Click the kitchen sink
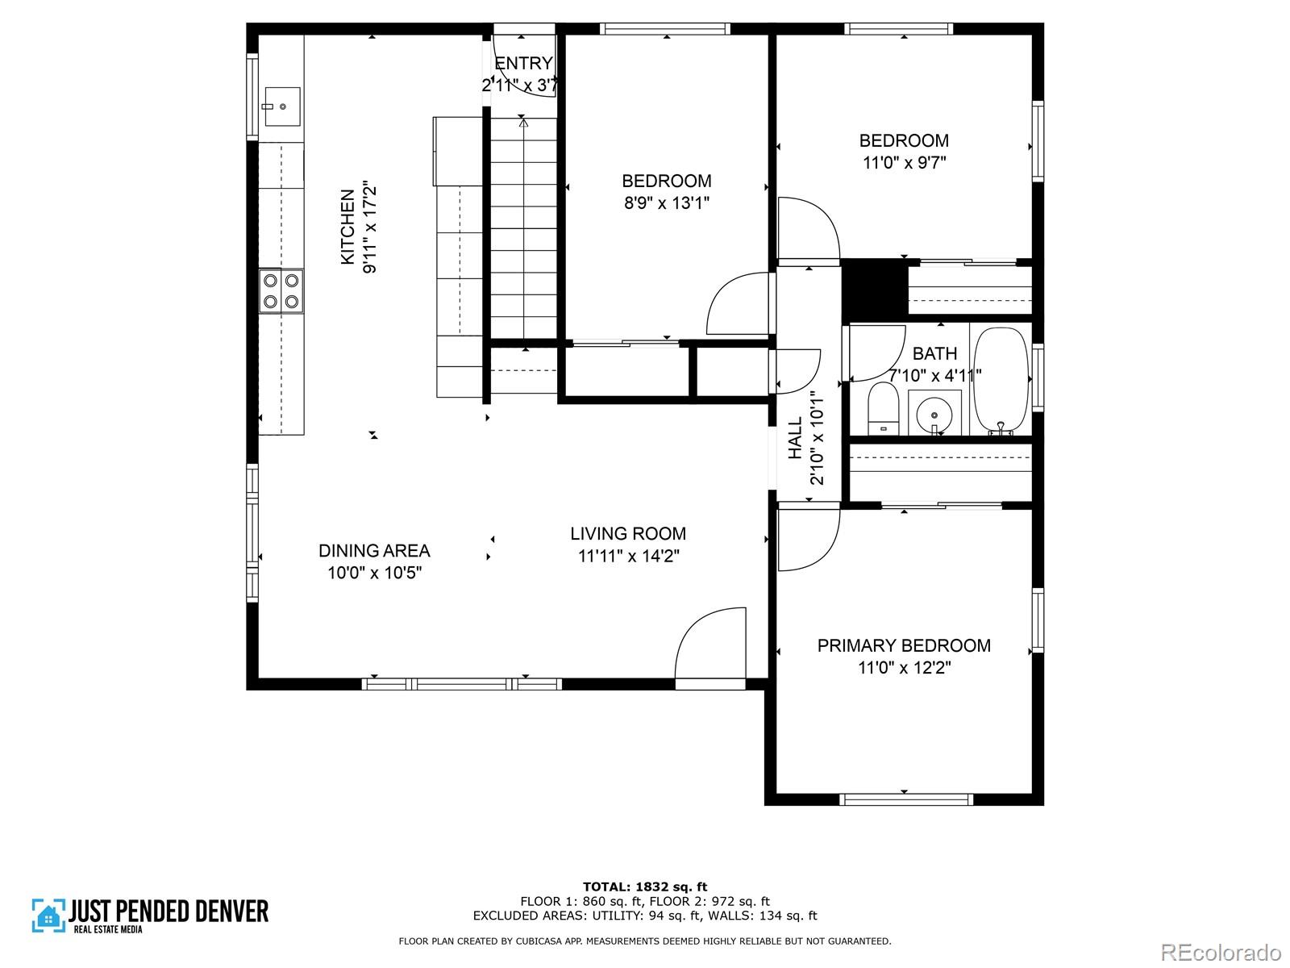click(281, 106)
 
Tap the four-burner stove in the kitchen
click(281, 291)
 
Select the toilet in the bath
click(883, 409)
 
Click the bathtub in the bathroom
click(1001, 382)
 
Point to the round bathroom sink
click(934, 415)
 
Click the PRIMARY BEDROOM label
click(904, 645)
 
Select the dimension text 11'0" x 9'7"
click(904, 162)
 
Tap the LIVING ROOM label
click(628, 534)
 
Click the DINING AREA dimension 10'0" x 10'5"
click(374, 573)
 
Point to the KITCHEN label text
click(347, 227)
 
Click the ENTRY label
click(523, 63)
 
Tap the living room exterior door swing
click(709, 645)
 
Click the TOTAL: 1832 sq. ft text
click(645, 887)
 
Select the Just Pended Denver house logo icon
click(48, 916)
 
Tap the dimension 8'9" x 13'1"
click(666, 202)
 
